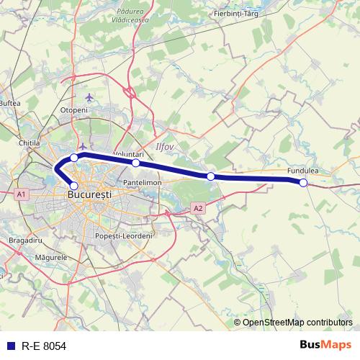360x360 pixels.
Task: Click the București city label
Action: [x=89, y=194]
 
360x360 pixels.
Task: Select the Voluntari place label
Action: [x=129, y=154]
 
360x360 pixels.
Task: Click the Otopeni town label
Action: [x=73, y=109]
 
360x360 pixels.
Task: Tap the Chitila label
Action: [x=29, y=143]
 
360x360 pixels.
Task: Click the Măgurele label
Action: [x=50, y=256]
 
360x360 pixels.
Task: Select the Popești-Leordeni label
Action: [x=125, y=236]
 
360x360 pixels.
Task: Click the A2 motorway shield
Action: [x=198, y=209]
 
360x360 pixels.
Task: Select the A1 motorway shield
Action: [x=21, y=194]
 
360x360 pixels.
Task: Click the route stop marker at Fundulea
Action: [x=303, y=183]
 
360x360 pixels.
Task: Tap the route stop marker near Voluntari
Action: [x=136, y=163]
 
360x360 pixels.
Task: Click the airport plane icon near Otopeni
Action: [x=89, y=97]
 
